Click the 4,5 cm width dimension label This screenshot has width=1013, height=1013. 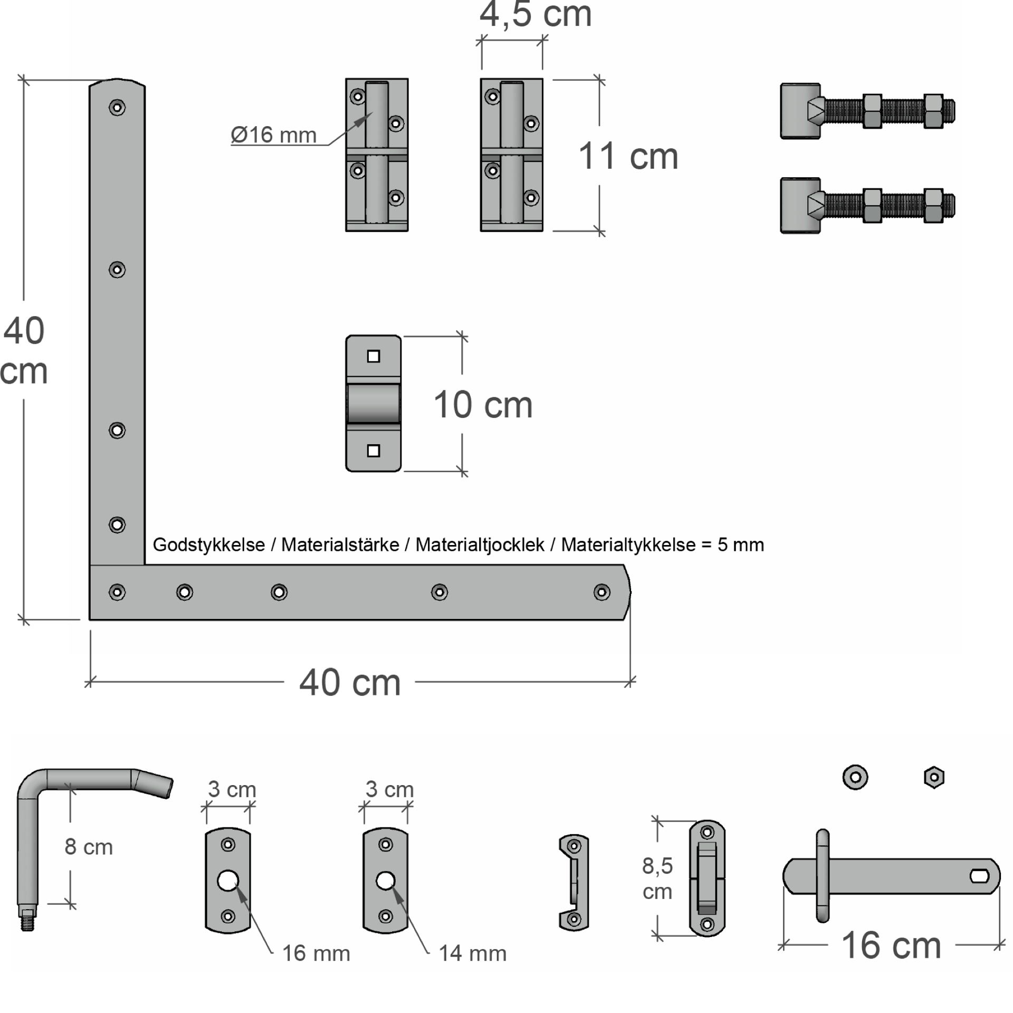click(536, 14)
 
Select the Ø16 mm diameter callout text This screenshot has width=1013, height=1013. click(273, 135)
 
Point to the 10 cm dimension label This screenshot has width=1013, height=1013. click(483, 405)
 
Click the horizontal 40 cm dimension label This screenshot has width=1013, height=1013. click(350, 683)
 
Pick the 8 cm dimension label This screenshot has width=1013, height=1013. click(89, 847)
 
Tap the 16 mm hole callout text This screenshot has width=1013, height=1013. click(316, 953)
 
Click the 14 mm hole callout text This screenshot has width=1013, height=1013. click(472, 953)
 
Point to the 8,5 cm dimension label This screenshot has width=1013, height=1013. click(657, 878)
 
